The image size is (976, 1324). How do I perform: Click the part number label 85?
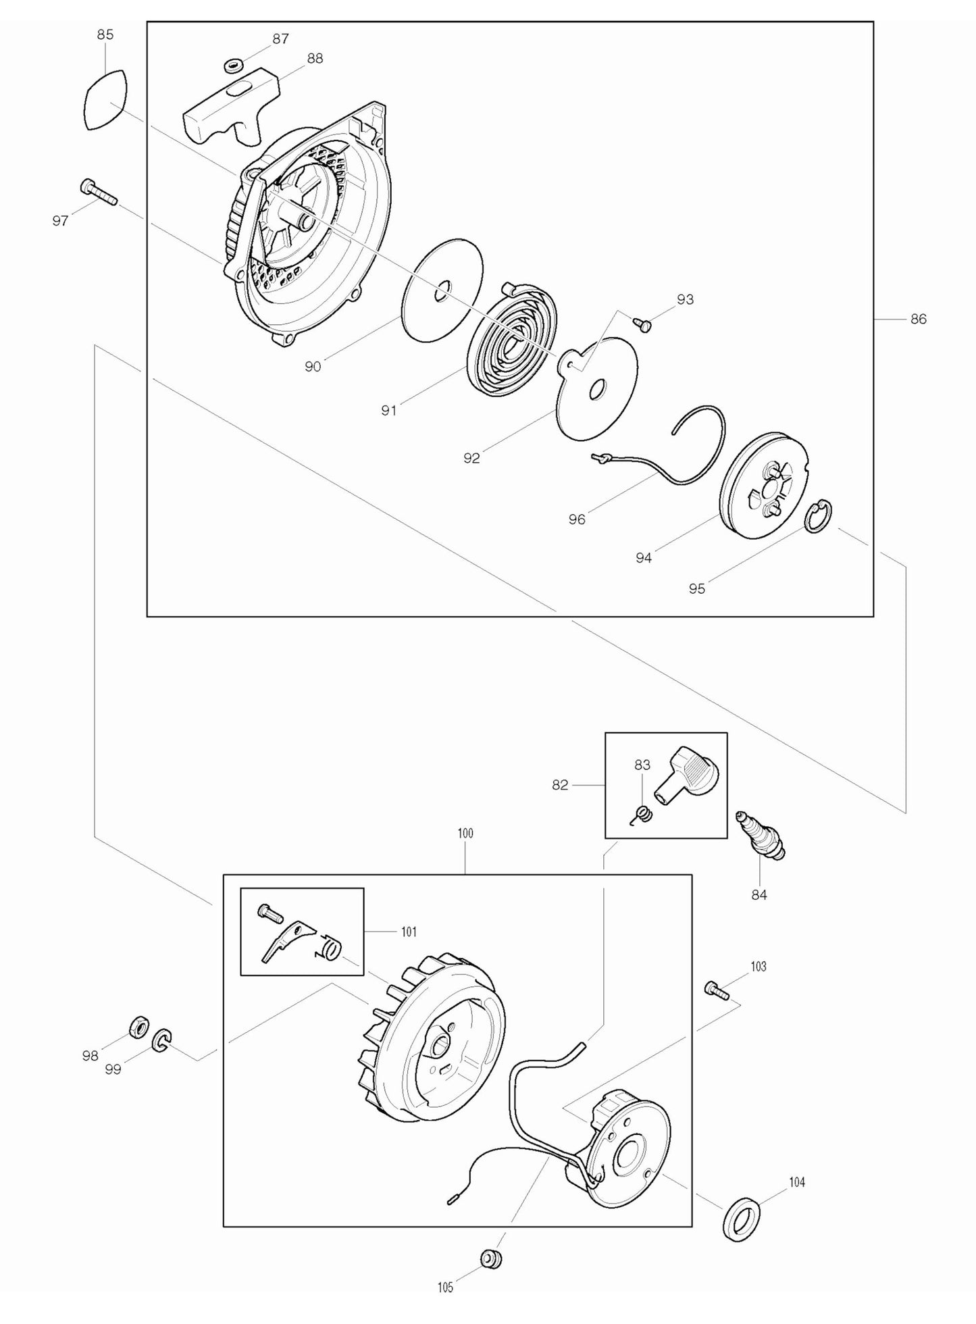[105, 34]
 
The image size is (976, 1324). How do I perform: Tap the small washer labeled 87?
[234, 66]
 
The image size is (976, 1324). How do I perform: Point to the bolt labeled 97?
[98, 191]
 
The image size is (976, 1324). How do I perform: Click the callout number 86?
[919, 319]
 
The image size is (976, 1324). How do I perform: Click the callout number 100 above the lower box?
[465, 834]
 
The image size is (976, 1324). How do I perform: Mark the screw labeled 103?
[717, 991]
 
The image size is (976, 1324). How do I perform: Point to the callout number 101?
[409, 932]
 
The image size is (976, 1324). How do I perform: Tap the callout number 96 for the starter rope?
[577, 519]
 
